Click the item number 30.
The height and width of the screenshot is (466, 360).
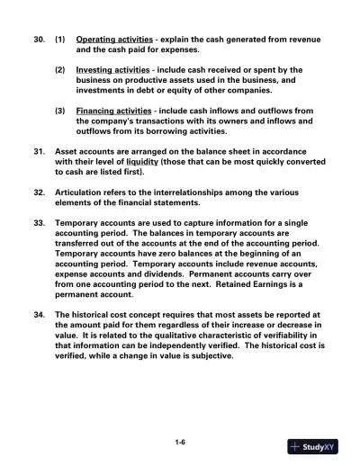click(x=37, y=40)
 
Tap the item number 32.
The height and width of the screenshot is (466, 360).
click(x=37, y=193)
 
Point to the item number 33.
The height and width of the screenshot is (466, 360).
click(x=37, y=222)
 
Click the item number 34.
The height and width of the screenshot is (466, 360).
click(x=37, y=315)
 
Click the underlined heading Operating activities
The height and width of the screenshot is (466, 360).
click(x=112, y=40)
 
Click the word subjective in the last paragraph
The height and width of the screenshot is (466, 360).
click(x=210, y=355)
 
